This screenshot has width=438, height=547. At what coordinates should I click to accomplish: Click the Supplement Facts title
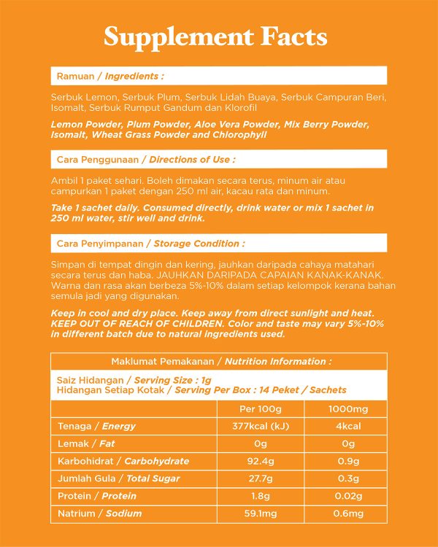click(x=215, y=36)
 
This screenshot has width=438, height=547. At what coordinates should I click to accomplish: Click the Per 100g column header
click(x=261, y=408)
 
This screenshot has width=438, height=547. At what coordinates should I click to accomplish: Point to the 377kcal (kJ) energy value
click(x=261, y=426)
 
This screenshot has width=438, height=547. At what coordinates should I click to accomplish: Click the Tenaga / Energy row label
click(x=97, y=426)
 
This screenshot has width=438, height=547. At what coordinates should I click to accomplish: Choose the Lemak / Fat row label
click(x=86, y=443)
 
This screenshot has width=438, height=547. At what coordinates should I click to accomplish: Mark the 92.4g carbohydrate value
click(x=261, y=461)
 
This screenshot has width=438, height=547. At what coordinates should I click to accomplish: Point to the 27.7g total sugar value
click(x=261, y=478)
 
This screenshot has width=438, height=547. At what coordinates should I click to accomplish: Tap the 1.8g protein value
click(x=261, y=496)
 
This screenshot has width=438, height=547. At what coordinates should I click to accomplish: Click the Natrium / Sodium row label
click(x=99, y=513)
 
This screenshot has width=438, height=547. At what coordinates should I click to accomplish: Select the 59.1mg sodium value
click(x=261, y=513)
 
